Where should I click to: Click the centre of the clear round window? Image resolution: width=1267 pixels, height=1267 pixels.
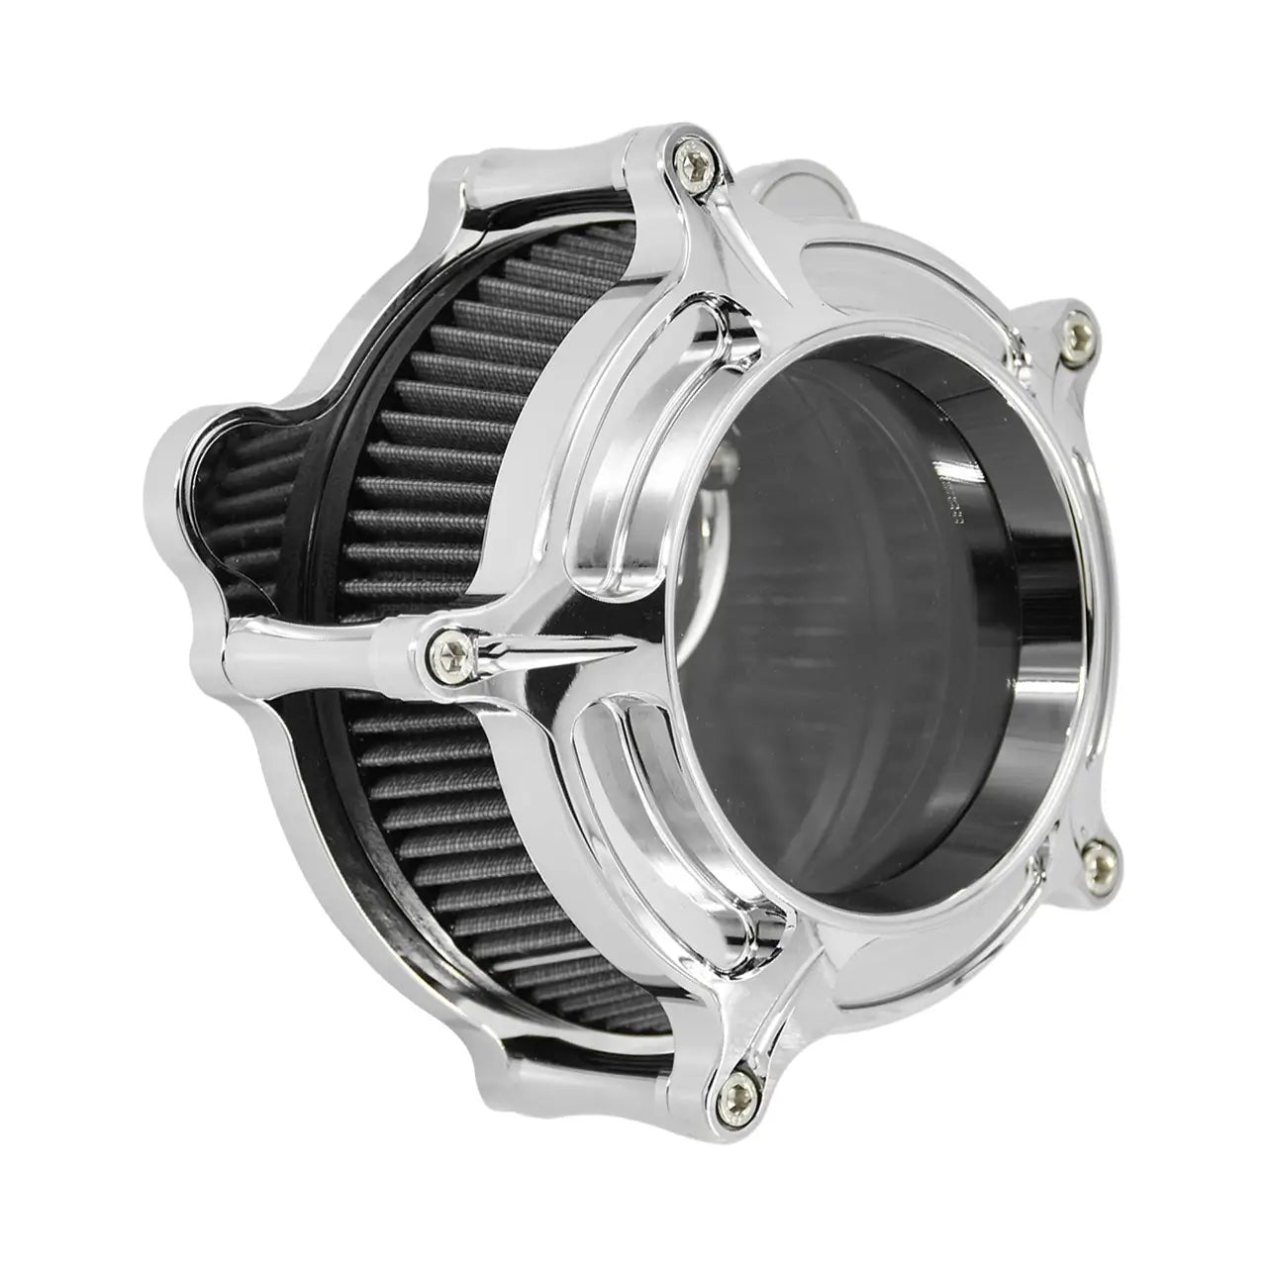click(841, 614)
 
